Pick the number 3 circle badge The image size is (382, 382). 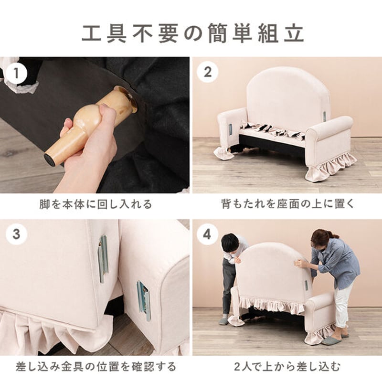17,234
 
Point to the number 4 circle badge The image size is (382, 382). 207,234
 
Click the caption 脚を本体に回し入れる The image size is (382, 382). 95,204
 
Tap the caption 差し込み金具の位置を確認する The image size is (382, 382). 95,367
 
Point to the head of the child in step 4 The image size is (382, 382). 230,243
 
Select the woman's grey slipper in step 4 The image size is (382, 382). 330,340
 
